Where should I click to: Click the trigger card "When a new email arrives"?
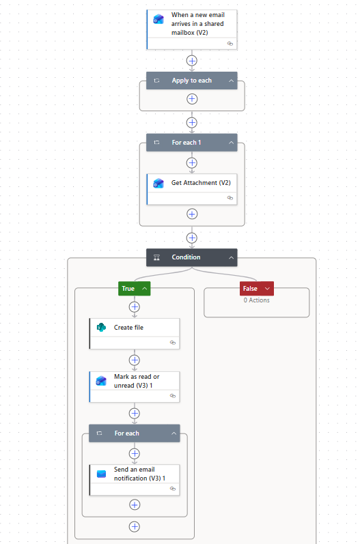coord(192,29)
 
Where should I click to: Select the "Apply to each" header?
coord(192,81)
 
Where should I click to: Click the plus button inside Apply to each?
coord(192,99)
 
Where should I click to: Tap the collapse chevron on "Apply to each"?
coord(231,81)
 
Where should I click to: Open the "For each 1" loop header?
coord(192,143)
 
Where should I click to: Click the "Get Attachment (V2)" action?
coord(192,189)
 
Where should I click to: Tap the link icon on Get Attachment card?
coord(230,198)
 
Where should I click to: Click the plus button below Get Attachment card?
coord(192,214)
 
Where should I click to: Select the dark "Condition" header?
coord(192,257)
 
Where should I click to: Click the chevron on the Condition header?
coord(231,257)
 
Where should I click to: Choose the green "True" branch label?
coord(135,288)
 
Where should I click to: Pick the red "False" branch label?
coord(257,288)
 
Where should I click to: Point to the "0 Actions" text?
coord(257,300)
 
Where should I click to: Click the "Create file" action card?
coord(135,334)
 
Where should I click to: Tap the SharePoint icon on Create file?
coord(101,327)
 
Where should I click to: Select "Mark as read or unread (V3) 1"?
coord(135,387)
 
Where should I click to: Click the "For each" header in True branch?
coord(135,433)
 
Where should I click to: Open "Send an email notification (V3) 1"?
coord(135,480)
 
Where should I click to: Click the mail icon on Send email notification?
coord(101,474)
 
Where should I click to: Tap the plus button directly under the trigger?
coord(192,61)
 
